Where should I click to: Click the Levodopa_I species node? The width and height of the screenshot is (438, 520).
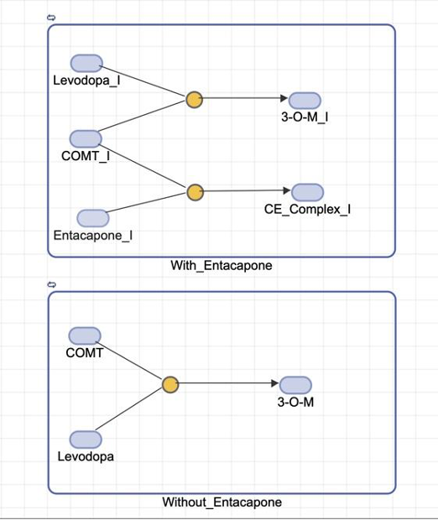point(86,64)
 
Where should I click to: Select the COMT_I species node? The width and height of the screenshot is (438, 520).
point(86,138)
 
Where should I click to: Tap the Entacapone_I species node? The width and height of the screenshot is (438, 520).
point(92,218)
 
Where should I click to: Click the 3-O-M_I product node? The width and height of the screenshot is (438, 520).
point(305,100)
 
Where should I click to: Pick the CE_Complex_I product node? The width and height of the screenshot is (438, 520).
point(307,192)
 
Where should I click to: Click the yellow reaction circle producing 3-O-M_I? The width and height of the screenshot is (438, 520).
point(194,100)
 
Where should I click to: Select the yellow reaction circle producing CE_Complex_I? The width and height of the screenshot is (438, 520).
point(196,193)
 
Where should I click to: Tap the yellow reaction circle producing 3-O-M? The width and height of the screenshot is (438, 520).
point(170,385)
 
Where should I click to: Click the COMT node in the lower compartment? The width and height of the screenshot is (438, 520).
point(85,336)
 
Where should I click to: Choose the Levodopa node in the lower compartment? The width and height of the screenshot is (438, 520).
point(86,439)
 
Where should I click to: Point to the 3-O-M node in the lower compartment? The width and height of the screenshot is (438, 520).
point(295,385)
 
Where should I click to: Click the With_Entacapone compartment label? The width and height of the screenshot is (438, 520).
point(222,266)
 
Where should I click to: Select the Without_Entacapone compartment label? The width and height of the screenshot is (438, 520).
point(222,502)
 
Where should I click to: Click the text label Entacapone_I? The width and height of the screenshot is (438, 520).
point(92,236)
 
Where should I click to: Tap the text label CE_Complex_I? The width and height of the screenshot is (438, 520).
point(313,209)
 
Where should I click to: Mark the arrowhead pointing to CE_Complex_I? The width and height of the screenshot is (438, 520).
point(285,191)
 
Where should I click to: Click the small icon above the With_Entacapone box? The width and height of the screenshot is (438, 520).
point(52,18)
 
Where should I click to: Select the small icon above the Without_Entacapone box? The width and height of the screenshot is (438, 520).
point(52,285)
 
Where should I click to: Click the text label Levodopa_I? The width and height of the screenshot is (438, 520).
point(86,81)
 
